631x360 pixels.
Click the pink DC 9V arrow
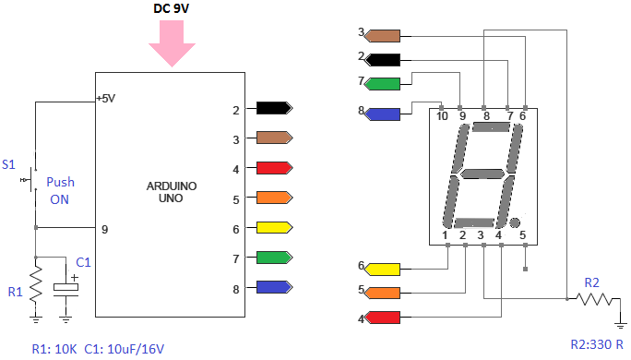coord(172,43)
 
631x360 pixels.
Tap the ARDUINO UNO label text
coord(172,192)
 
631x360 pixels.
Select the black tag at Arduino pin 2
coord(274,108)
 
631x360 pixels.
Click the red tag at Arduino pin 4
coord(274,167)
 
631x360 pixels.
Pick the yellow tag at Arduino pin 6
coord(274,227)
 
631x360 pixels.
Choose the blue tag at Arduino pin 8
coord(274,287)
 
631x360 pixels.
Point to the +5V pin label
coord(106,99)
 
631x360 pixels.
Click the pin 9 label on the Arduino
coord(104,230)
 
